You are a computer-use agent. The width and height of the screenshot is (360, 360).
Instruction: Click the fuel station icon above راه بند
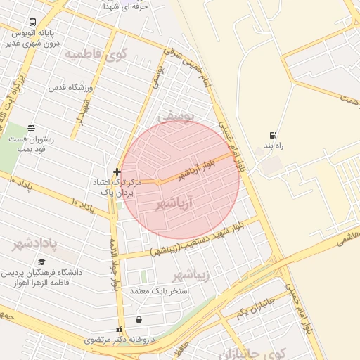tap(272, 135)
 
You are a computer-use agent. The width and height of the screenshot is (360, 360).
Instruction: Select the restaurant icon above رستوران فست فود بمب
tap(31, 129)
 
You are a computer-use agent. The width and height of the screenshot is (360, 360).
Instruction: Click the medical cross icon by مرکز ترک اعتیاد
tap(117, 172)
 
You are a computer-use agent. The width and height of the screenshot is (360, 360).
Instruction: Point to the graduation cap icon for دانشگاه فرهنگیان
tap(41, 262)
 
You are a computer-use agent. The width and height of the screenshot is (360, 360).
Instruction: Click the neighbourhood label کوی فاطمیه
tap(92, 53)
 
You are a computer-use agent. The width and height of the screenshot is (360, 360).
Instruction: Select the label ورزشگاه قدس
tap(70, 88)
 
